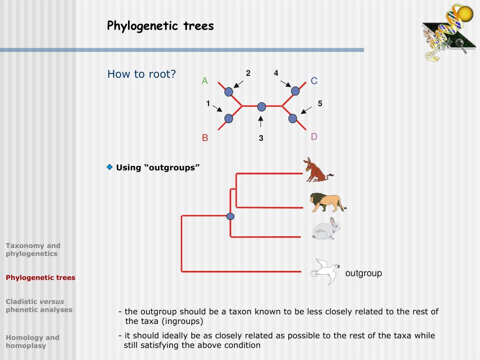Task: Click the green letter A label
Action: (205, 81)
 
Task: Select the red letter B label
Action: (205, 138)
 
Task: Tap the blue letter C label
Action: (314, 81)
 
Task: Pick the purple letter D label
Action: (314, 137)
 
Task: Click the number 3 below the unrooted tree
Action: (261, 138)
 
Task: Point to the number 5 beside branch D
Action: (320, 104)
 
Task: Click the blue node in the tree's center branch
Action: (262, 107)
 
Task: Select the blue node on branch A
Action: (229, 92)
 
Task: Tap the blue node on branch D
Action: (293, 118)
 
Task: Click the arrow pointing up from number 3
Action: (261, 121)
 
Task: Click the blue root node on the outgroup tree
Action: (230, 216)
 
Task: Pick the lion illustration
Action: (327, 202)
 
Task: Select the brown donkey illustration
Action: (318, 170)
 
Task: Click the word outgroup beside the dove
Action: (364, 273)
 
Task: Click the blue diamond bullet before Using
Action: (110, 167)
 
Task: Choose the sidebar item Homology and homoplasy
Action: (33, 341)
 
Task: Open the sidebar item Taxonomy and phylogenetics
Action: (33, 249)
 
